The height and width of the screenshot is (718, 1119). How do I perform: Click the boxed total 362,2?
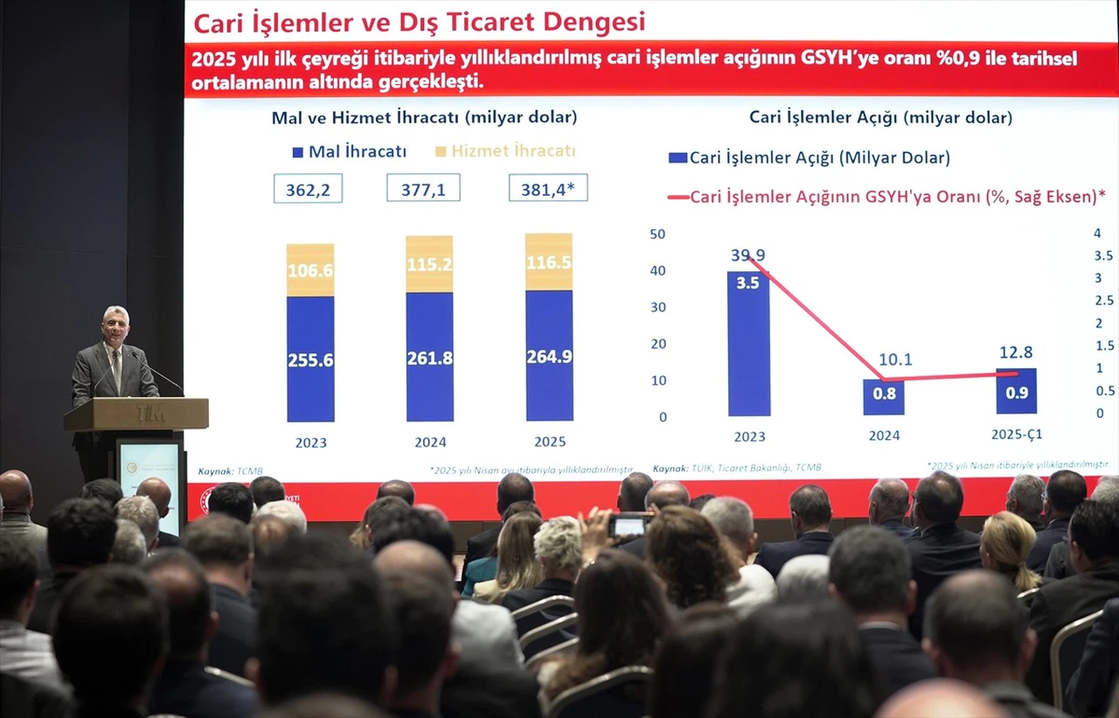click(x=308, y=189)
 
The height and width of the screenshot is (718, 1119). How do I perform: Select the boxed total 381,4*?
click(x=548, y=188)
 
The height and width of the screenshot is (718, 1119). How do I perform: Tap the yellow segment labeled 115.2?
click(x=429, y=264)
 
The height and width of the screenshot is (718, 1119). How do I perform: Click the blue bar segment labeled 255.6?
click(x=310, y=359)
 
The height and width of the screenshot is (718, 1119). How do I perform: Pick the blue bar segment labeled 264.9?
click(x=549, y=356)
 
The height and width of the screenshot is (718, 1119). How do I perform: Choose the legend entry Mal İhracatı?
click(x=350, y=151)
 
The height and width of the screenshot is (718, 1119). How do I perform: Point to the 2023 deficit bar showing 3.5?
click(x=748, y=343)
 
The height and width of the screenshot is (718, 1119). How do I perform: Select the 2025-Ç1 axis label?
click(x=1017, y=434)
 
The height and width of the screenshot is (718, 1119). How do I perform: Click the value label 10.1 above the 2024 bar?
click(x=894, y=359)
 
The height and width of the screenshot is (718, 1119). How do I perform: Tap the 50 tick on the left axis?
click(x=657, y=234)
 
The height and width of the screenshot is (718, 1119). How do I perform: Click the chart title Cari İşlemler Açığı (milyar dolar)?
click(x=880, y=117)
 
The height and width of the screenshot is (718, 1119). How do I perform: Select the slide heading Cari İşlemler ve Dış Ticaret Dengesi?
click(x=419, y=22)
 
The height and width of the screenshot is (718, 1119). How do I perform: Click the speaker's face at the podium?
click(x=115, y=326)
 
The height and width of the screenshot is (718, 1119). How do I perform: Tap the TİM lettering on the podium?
click(x=150, y=412)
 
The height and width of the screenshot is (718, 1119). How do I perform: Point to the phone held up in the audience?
click(x=629, y=525)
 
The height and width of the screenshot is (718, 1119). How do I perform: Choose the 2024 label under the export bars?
click(x=430, y=442)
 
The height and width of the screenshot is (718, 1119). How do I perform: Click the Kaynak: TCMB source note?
click(x=230, y=471)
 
